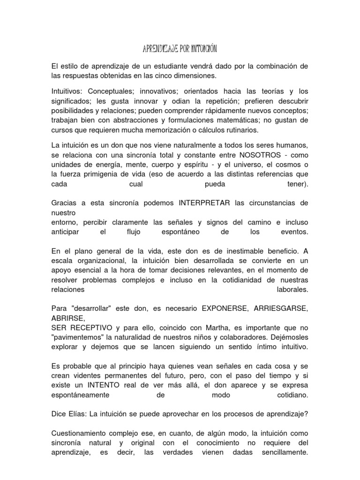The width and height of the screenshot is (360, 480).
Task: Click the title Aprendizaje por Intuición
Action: pos(180,49)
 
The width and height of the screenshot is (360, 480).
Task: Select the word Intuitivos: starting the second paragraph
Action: pos(67,90)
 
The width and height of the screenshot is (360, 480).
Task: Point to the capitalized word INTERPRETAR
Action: pos(204,202)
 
